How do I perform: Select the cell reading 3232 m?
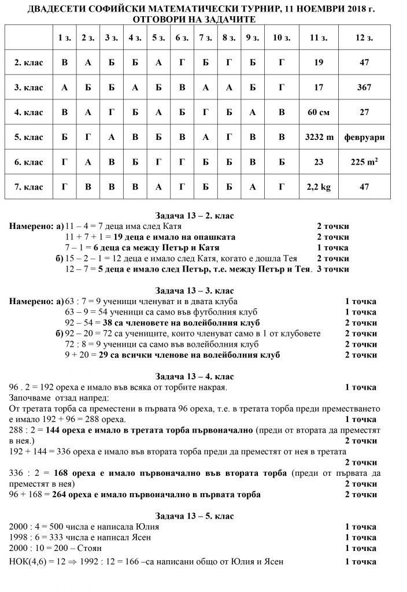coord(319,137)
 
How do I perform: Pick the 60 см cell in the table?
coord(319,112)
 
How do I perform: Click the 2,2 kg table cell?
coord(319,187)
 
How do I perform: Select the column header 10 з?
coord(281,38)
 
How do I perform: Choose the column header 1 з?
coord(65,38)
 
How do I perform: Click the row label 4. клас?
coord(29,112)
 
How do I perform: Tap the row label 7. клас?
coord(29,187)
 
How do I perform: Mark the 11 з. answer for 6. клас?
coord(319,162)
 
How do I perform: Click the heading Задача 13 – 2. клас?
coord(194,216)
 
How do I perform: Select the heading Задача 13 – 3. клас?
coord(194,290)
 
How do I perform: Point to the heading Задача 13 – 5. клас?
coord(194,515)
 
